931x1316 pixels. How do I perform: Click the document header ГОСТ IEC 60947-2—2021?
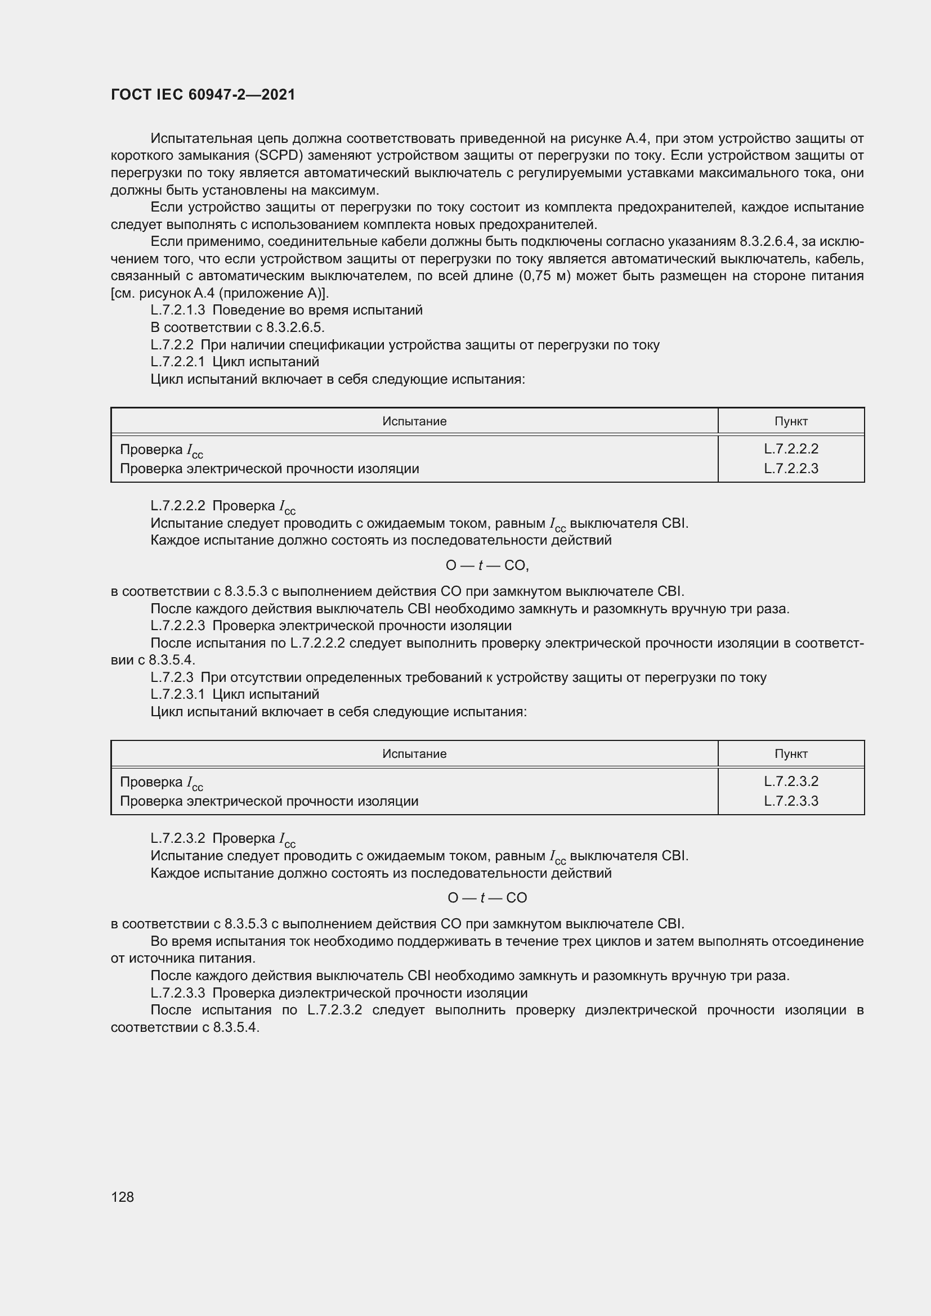pos(203,95)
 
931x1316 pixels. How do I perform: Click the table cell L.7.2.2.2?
pos(790,449)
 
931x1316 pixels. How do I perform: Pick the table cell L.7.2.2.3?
pos(790,468)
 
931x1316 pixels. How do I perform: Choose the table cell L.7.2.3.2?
pos(790,781)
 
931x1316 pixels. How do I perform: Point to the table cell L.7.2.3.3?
pos(790,801)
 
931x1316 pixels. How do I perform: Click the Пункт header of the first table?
pos(790,421)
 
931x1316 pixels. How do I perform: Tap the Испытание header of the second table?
pos(414,754)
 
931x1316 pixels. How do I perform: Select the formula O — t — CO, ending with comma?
pos(487,565)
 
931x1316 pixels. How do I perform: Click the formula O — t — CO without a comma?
pos(487,898)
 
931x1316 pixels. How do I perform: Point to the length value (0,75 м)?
pos(545,276)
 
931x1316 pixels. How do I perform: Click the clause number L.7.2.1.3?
pos(178,310)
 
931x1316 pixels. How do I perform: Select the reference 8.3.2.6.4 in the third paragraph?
pos(767,241)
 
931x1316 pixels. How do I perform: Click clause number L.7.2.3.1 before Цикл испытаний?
pos(178,694)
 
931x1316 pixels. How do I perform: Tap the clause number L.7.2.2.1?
pos(178,362)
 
